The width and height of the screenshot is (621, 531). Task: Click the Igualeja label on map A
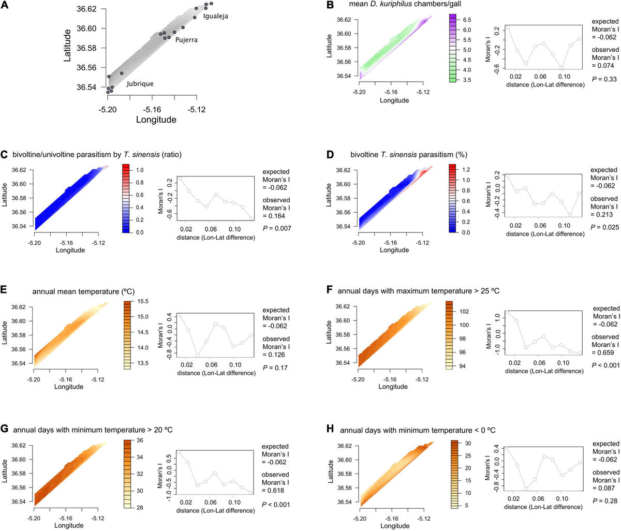coord(215,17)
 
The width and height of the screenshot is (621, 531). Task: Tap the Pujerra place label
coord(186,40)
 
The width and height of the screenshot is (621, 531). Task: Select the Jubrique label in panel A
coord(140,84)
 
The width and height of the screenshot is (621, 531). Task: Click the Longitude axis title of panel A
coord(156,120)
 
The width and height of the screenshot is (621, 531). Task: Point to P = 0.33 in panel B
coord(601,79)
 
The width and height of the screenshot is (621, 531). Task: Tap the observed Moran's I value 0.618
coord(277,490)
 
